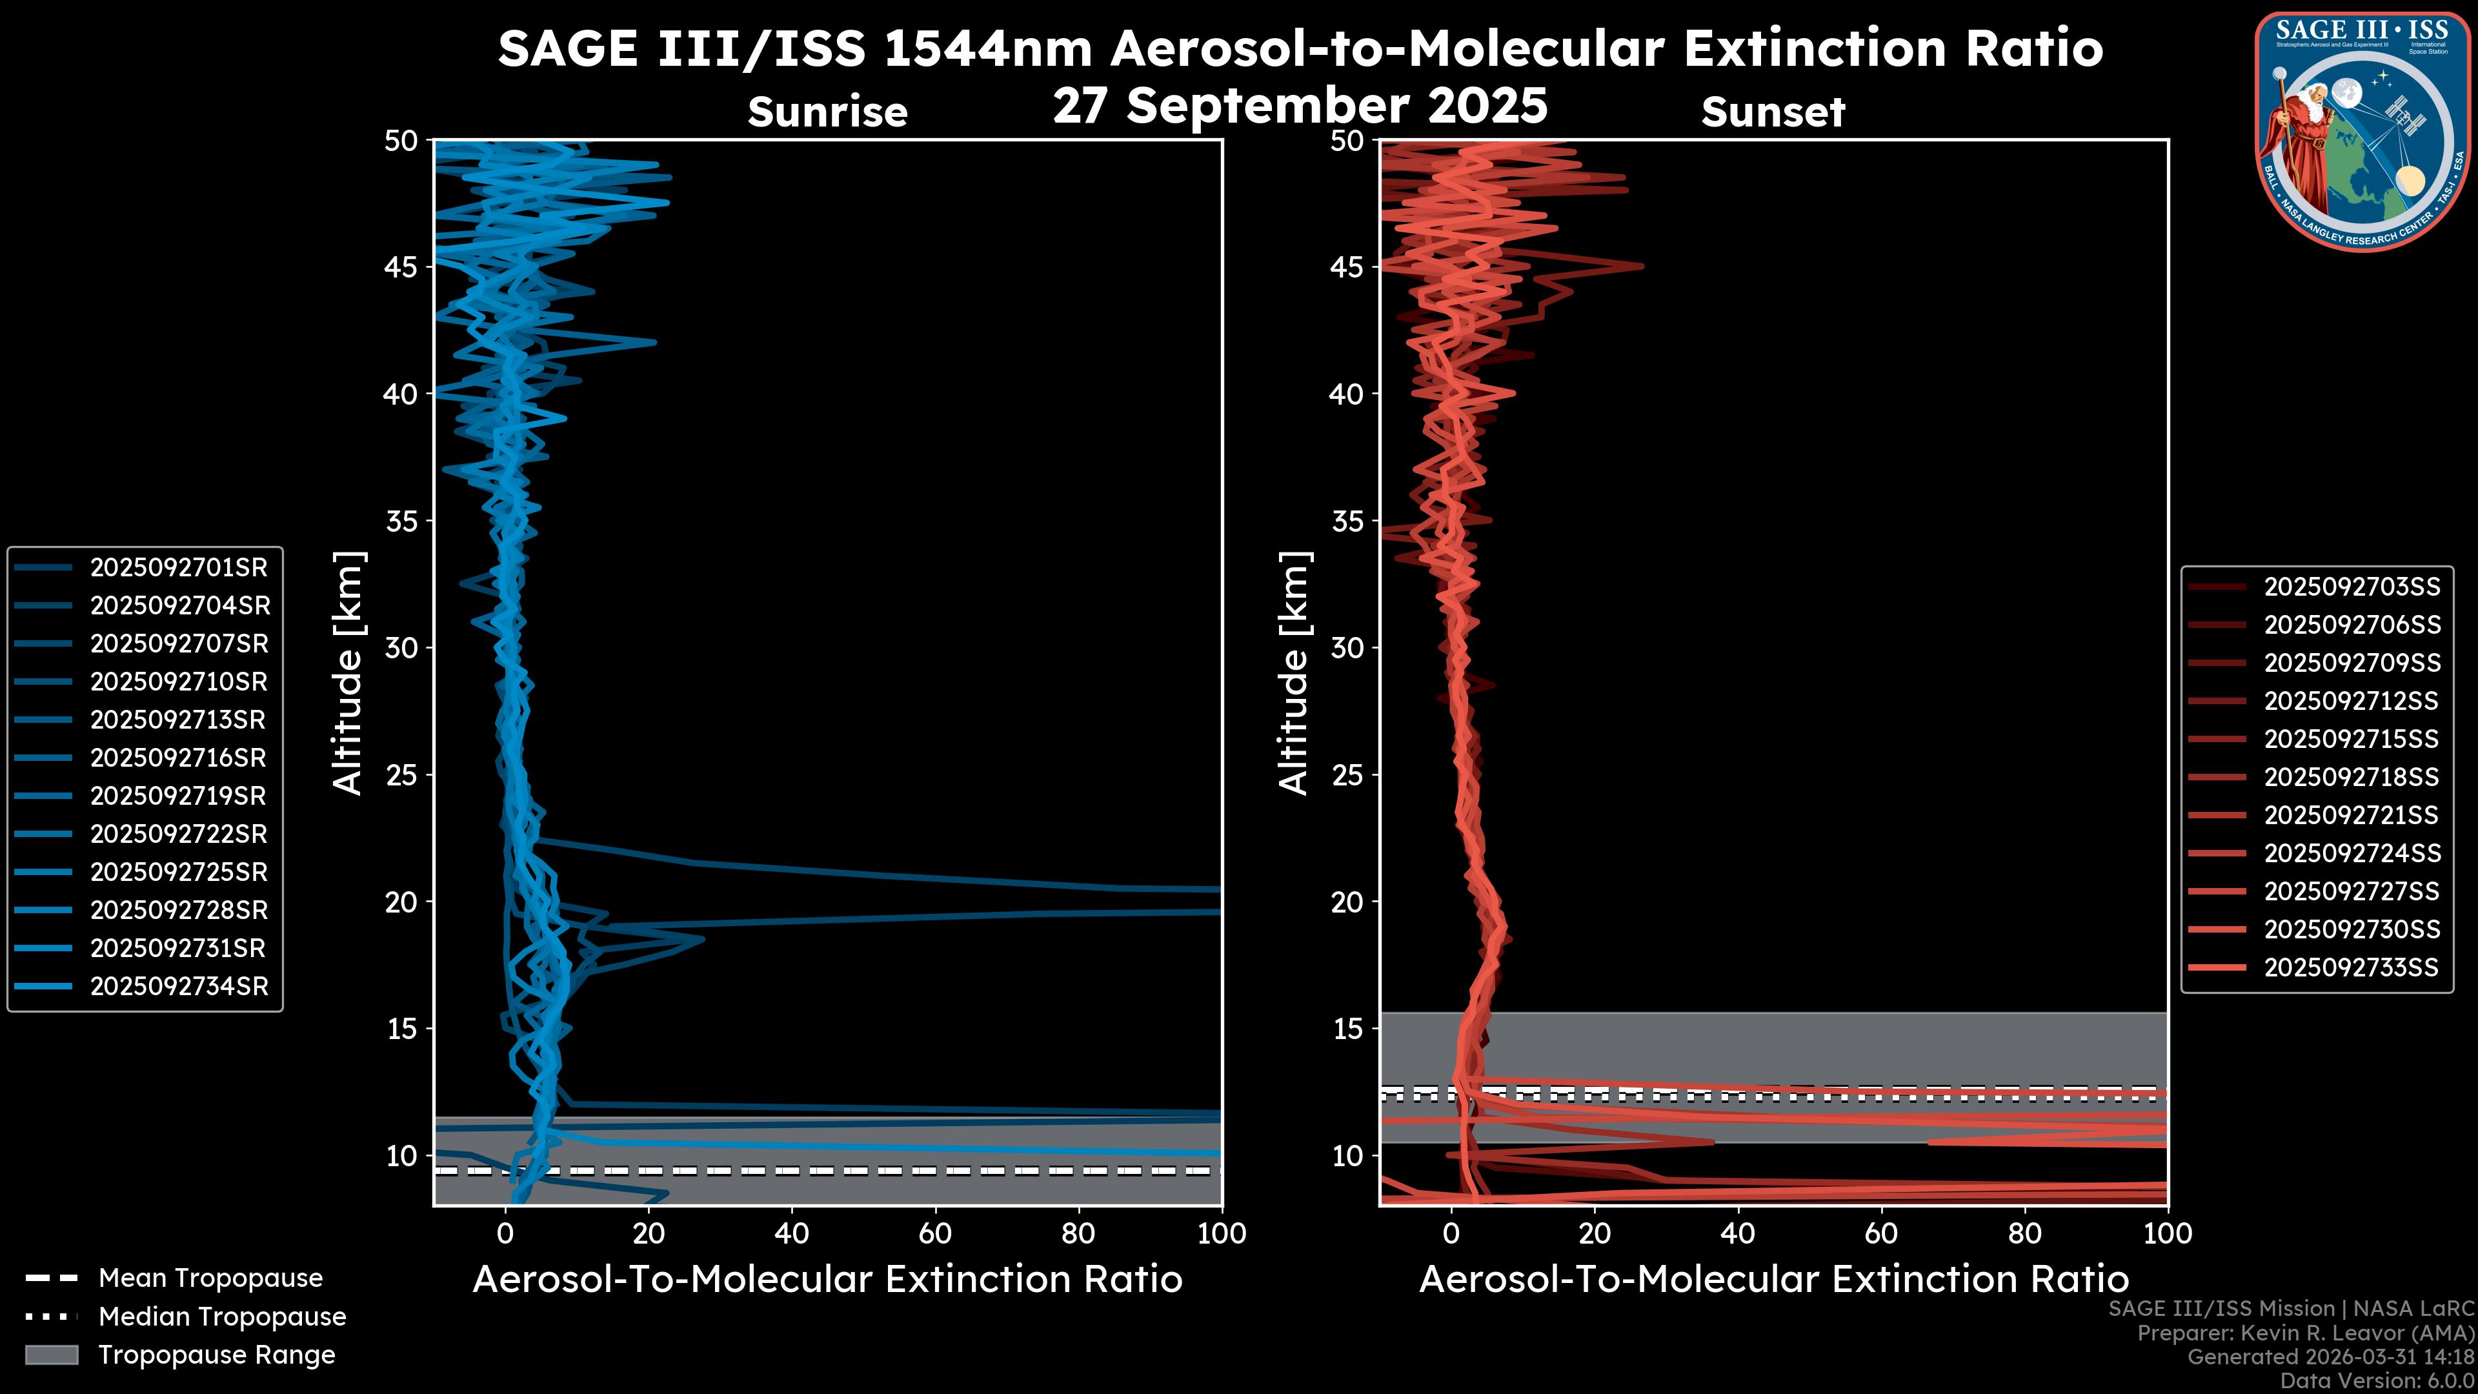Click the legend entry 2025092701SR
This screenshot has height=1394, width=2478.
(178, 568)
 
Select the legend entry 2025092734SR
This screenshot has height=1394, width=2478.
(178, 986)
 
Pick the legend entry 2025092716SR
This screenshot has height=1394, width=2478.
(178, 758)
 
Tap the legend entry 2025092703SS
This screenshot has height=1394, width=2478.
(2351, 587)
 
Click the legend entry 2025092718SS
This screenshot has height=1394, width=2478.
(2351, 776)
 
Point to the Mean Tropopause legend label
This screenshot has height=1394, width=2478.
(210, 1278)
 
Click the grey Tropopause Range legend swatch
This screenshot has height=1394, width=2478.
(51, 1355)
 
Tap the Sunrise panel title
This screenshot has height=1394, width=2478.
(827, 112)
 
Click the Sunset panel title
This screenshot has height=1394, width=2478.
(1773, 112)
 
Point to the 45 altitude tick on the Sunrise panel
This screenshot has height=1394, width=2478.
(401, 267)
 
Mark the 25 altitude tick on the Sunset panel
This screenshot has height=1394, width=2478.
(1347, 774)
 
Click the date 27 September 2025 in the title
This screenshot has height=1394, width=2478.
(1300, 106)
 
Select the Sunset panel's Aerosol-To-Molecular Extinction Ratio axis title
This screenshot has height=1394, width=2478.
(1773, 1280)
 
